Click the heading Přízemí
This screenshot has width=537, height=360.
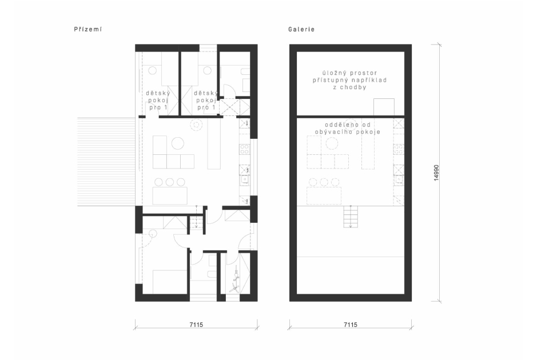[x=87, y=30]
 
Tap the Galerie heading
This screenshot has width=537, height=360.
[x=301, y=30]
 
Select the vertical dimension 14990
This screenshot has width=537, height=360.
[x=436, y=173]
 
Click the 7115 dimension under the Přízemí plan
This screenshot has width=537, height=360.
[x=196, y=325]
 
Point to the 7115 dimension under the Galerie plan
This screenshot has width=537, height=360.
[x=351, y=325]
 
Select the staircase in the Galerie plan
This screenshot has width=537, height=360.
[x=351, y=216]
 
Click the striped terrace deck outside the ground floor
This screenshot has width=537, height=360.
[x=106, y=162]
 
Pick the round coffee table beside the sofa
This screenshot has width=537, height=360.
[x=178, y=143]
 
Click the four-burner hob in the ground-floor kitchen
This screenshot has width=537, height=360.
[x=245, y=149]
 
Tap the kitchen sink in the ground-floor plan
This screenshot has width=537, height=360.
[x=245, y=179]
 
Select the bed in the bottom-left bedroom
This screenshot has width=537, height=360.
[x=170, y=282]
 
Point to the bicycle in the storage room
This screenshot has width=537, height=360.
[x=235, y=280]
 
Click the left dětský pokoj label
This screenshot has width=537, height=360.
[x=158, y=100]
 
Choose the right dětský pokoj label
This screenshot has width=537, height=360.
[x=206, y=100]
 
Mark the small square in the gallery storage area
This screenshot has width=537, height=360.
[x=384, y=107]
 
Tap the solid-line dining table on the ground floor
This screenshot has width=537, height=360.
[x=170, y=196]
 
